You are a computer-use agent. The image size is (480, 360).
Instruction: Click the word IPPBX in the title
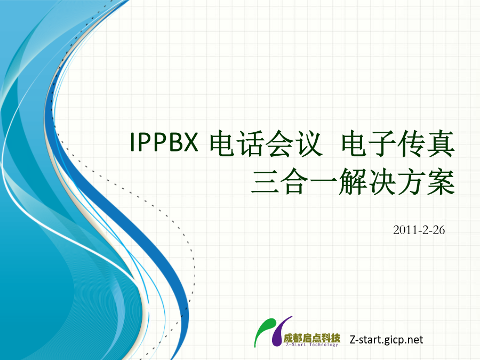click(x=164, y=142)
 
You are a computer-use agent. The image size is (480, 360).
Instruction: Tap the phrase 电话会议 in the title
click(x=266, y=143)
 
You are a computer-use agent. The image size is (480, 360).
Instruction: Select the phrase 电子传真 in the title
click(x=398, y=143)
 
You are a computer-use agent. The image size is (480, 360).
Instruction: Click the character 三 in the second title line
click(x=266, y=181)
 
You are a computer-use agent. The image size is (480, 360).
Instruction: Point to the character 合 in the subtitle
click(x=294, y=181)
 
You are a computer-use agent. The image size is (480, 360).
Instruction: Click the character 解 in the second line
click(x=353, y=181)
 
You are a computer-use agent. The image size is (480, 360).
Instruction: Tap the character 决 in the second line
click(x=382, y=181)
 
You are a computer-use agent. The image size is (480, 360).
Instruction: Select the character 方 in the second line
click(x=411, y=181)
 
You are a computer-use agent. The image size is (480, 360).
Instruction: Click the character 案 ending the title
click(x=441, y=181)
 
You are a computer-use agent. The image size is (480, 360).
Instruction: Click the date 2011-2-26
click(x=419, y=230)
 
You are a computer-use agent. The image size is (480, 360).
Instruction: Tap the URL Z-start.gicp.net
click(x=386, y=340)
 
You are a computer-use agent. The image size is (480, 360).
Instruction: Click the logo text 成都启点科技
click(x=311, y=338)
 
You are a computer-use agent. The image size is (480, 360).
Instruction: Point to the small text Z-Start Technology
click(x=311, y=345)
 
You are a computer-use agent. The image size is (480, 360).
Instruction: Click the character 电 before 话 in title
click(x=224, y=143)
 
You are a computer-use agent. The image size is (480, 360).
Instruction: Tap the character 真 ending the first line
click(x=441, y=143)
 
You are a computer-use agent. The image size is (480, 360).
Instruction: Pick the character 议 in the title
click(x=309, y=143)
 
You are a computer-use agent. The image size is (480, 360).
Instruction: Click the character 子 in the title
click(x=384, y=143)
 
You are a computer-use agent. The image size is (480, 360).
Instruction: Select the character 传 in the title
click(x=412, y=143)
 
